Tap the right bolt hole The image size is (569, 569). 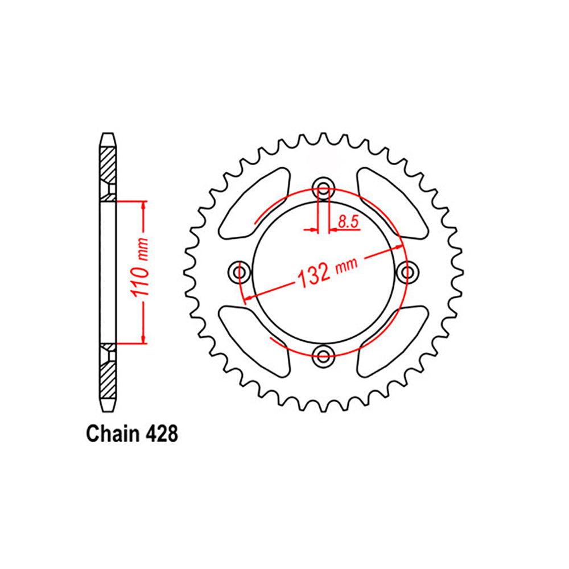pyautogui.click(x=408, y=272)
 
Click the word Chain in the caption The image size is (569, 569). pyautogui.click(x=112, y=434)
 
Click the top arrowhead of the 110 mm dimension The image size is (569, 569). pyautogui.click(x=143, y=206)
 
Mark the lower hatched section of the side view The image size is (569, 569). pyautogui.click(x=108, y=381)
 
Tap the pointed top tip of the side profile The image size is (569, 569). pyautogui.click(x=108, y=134)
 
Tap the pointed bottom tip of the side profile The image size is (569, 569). pyautogui.click(x=108, y=411)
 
